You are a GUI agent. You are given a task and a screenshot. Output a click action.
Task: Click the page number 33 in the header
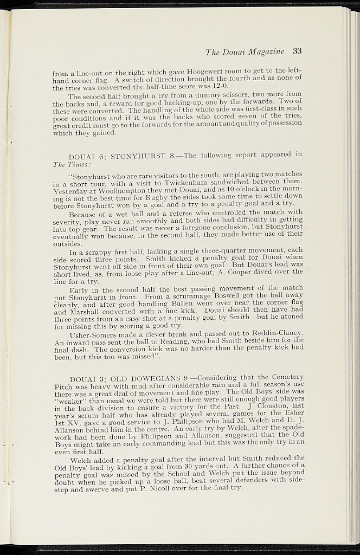(x=296, y=51)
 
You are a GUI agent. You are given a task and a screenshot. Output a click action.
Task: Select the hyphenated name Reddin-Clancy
(x=278, y=334)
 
